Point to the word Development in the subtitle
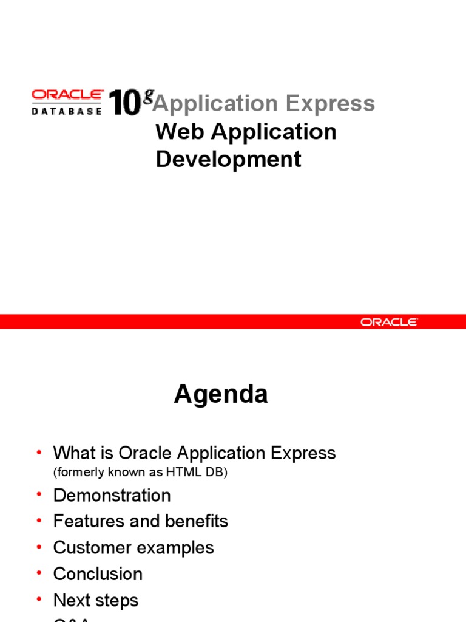228,159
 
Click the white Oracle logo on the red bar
389,322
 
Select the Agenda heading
221,395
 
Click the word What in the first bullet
76,453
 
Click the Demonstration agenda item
112,495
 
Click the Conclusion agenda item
98,574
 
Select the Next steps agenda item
96,600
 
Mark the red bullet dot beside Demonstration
39,495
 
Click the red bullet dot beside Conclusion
39,574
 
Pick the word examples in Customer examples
176,548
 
